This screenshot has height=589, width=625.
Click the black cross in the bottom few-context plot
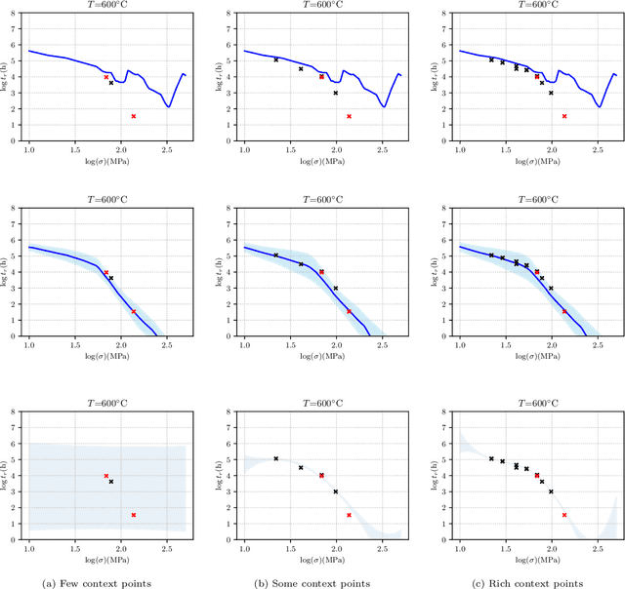point(111,482)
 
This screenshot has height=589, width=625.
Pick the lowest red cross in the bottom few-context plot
point(134,515)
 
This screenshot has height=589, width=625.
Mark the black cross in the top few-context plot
point(111,83)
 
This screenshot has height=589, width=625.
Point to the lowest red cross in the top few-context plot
point(134,116)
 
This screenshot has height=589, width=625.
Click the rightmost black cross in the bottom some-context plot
point(336,491)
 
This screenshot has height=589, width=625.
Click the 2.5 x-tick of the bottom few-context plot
point(167,547)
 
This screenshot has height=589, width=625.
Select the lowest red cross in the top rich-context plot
point(563,116)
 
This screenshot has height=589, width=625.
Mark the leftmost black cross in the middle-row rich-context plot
point(491,255)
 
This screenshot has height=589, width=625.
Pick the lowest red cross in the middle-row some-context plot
point(349,311)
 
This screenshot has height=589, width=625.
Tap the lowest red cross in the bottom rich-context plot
point(563,515)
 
